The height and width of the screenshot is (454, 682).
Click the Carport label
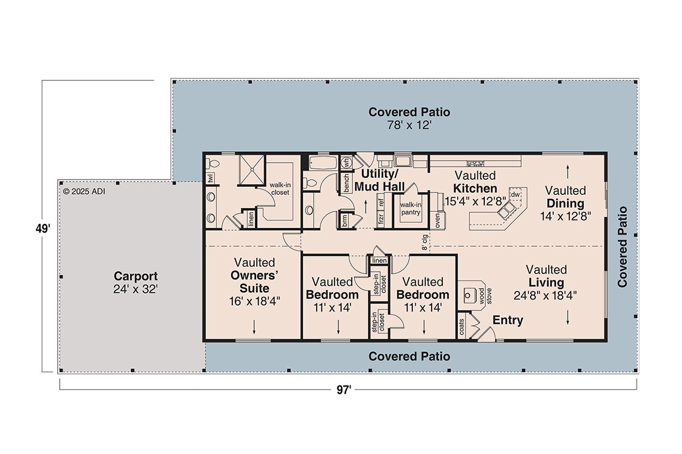[135, 276]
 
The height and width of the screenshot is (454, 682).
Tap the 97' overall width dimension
[344, 390]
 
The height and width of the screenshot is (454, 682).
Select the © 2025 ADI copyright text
[84, 191]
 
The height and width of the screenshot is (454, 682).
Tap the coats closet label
[461, 327]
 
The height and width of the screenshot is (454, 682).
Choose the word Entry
[507, 320]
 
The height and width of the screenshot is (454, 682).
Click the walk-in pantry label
[411, 208]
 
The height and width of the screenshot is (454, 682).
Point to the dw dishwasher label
[515, 195]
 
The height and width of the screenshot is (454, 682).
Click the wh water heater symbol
[345, 162]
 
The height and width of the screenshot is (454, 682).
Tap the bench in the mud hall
[346, 183]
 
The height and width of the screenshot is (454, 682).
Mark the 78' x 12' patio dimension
[409, 126]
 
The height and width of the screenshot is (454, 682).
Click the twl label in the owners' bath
[210, 179]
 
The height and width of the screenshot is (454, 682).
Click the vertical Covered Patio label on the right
[622, 246]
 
